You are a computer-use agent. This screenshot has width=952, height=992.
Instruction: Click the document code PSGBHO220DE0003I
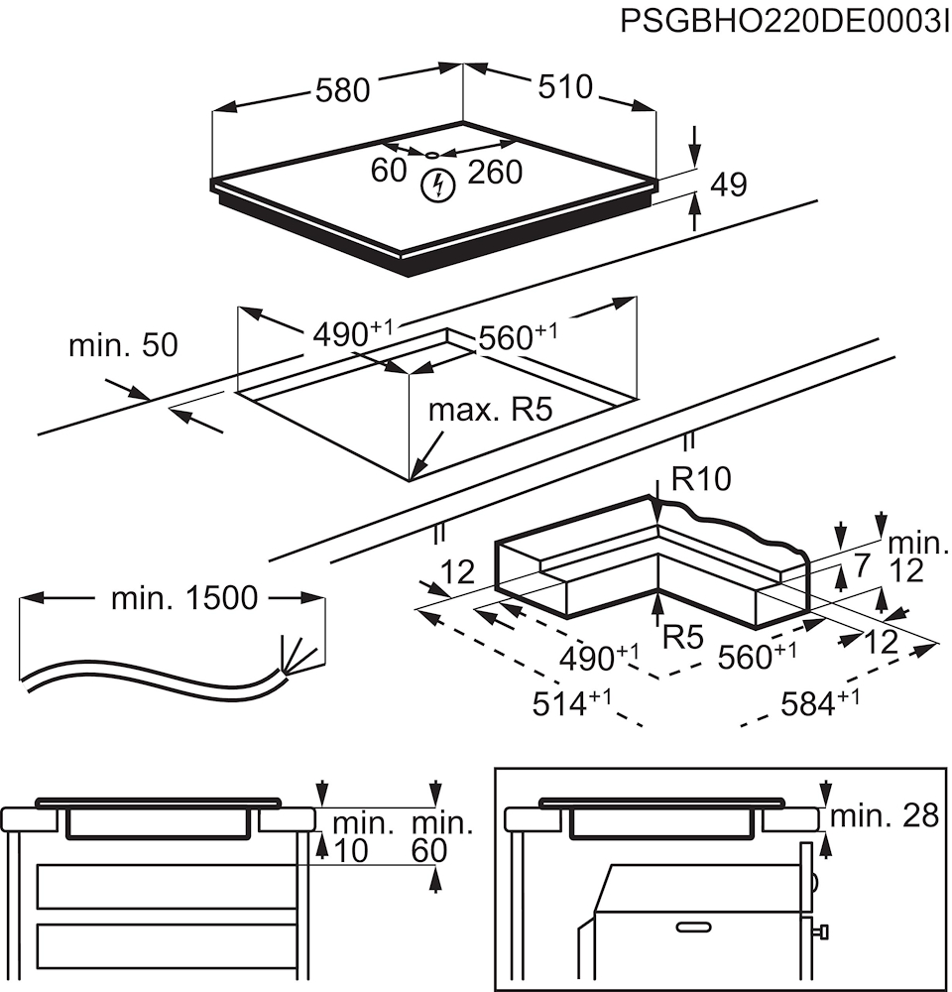pos(783,22)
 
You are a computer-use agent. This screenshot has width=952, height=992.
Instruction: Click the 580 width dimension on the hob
pos(342,90)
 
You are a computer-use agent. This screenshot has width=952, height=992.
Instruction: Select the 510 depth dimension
pos(564,87)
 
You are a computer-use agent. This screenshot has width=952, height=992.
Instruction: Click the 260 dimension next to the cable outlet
pos(493,172)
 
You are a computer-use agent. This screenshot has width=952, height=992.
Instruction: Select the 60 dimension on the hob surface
pos(389,171)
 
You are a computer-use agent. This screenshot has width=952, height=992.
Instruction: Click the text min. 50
pos(123,345)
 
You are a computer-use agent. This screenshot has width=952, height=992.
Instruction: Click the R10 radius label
pos(700,480)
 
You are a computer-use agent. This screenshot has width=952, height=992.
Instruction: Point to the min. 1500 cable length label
pos(184,597)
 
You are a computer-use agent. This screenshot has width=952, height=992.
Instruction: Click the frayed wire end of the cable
pos(297,657)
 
